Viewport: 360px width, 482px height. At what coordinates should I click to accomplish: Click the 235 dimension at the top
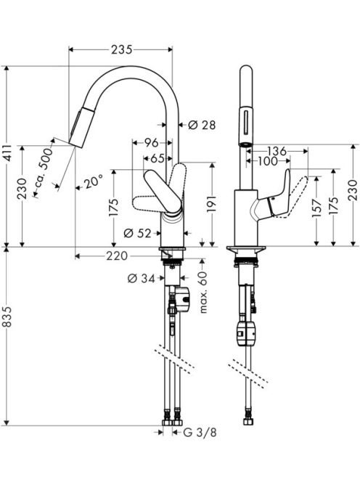[121, 50]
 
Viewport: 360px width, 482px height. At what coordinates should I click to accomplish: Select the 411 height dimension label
[8, 152]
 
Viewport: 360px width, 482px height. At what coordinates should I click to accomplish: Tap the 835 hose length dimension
[8, 317]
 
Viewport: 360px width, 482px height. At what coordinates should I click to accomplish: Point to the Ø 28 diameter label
[202, 125]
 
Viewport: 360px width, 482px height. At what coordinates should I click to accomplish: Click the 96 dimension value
[152, 142]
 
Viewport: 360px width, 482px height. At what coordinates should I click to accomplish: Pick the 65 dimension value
[157, 159]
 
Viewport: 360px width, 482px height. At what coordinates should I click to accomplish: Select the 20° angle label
[93, 183]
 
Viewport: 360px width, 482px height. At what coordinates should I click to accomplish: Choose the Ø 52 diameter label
[137, 234]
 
